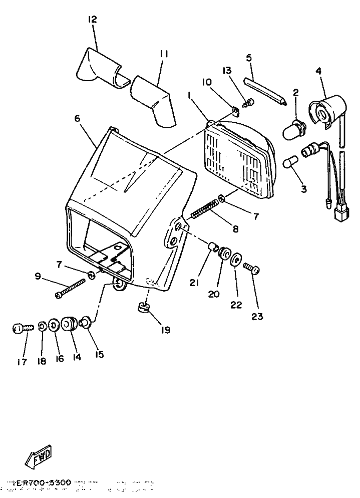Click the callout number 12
click(x=92, y=20)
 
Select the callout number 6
click(x=77, y=119)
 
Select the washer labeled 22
click(x=236, y=262)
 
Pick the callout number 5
click(x=249, y=58)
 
